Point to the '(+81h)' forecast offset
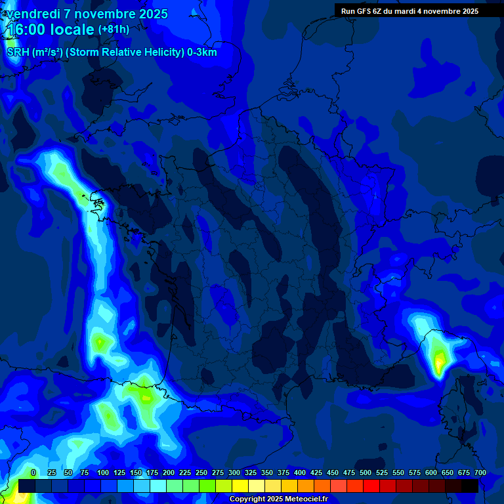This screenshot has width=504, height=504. click(x=114, y=30)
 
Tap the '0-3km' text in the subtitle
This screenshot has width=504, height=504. click(x=201, y=52)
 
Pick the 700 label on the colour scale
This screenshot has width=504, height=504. click(x=480, y=472)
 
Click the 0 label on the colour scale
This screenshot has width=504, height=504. click(x=33, y=472)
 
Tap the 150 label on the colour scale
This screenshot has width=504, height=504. click(x=119, y=472)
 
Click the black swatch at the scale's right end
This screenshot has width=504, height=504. click(x=470, y=486)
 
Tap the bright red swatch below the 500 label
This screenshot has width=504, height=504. click(x=371, y=486)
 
